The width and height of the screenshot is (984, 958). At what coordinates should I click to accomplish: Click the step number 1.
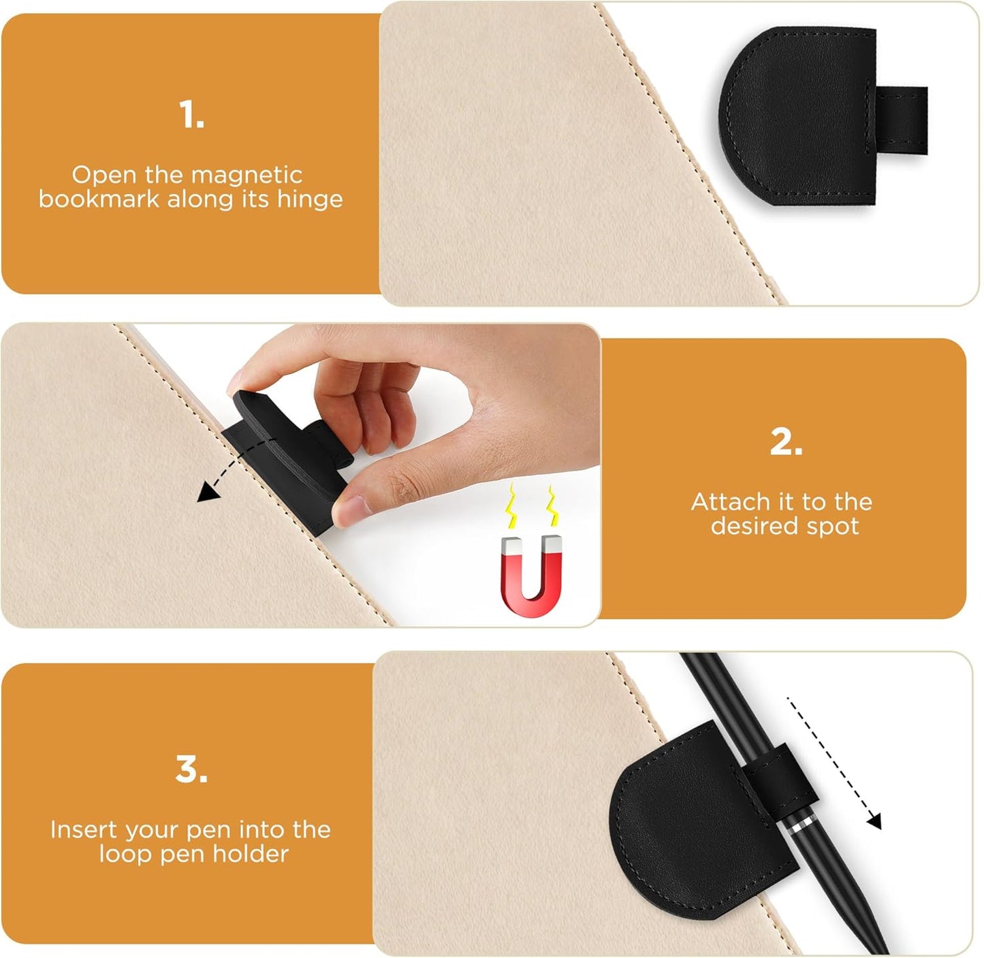191,114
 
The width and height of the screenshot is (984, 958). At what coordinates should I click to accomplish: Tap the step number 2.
786,442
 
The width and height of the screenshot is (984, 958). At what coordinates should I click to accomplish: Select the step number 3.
191,770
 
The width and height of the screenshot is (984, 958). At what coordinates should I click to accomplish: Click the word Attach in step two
730,502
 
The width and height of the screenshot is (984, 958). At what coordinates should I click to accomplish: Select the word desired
752,526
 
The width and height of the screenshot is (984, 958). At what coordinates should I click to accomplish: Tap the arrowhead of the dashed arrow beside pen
874,821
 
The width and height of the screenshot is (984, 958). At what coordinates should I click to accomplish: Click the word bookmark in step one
98,199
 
